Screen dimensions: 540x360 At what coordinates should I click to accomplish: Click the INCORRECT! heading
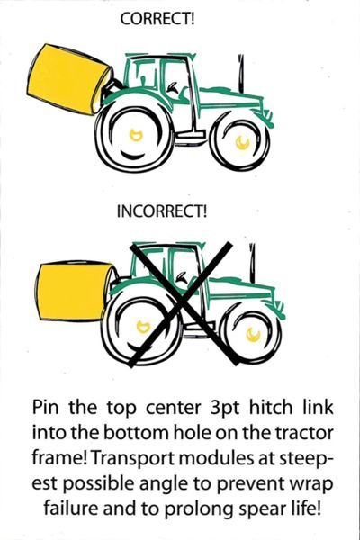click(x=163, y=213)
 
